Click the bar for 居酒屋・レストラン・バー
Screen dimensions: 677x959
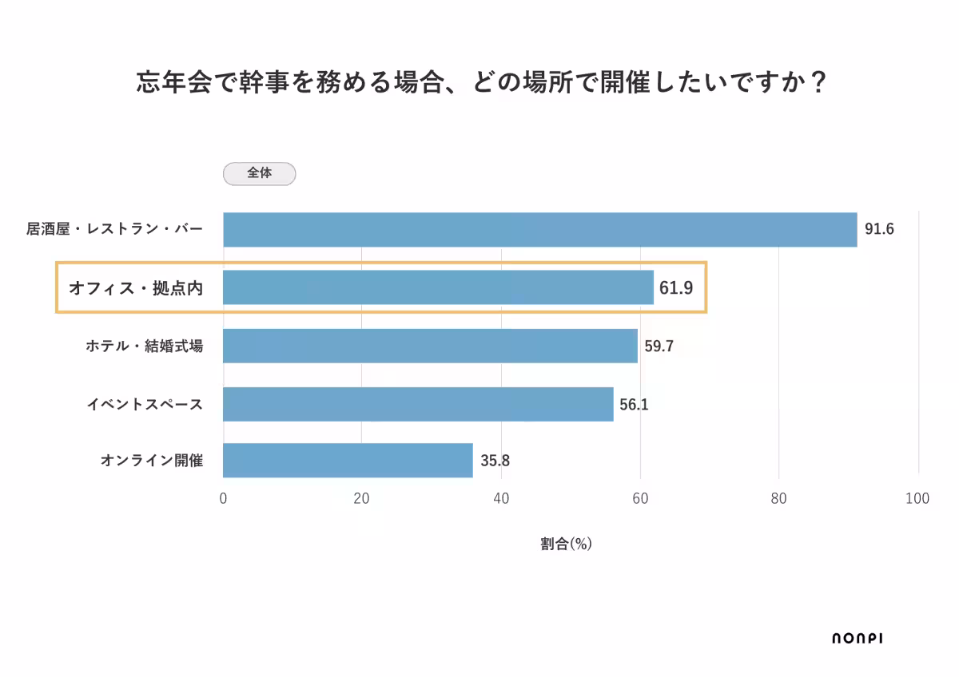[x=539, y=230]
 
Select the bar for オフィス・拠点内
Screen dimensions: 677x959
[x=438, y=287]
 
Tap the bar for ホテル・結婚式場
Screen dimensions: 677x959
[x=430, y=346]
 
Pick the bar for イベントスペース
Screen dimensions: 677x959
[x=418, y=404]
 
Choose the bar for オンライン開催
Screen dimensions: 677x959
[x=348, y=461]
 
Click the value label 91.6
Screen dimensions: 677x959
[x=879, y=230]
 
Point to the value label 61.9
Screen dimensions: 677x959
[x=676, y=287]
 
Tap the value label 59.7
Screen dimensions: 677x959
[x=659, y=346]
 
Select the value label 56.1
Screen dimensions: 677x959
[x=634, y=405]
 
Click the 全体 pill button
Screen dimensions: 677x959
[x=259, y=173]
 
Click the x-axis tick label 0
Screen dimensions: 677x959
[x=223, y=499]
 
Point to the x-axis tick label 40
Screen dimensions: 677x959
[x=501, y=499]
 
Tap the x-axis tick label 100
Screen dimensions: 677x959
[x=917, y=499]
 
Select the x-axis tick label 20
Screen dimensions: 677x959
[x=361, y=499]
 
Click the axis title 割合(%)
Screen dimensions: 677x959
[x=566, y=544]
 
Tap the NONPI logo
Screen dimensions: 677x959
[x=857, y=638]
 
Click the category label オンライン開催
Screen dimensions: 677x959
[x=152, y=461]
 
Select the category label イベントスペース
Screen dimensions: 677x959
[x=145, y=405]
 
